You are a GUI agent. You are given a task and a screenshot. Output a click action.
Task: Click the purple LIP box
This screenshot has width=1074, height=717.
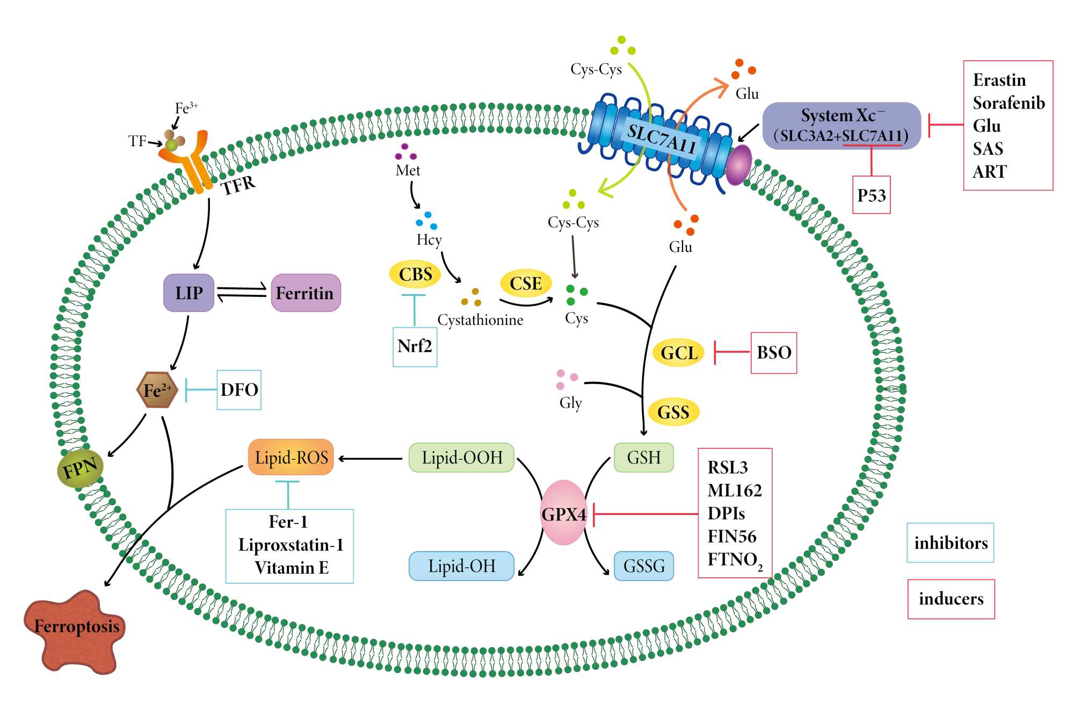(188, 293)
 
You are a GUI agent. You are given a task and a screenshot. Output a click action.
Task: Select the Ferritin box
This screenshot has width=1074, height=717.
(306, 293)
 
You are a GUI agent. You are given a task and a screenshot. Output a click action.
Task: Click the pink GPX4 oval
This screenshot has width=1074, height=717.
(563, 513)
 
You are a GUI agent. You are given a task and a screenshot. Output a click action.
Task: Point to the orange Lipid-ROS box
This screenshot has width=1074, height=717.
(291, 457)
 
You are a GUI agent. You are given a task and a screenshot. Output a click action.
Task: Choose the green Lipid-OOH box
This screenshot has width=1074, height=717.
(461, 458)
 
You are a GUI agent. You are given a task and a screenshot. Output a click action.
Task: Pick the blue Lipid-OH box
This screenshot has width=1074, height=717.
(461, 566)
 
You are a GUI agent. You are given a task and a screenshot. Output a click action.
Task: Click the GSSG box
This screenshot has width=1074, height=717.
(643, 566)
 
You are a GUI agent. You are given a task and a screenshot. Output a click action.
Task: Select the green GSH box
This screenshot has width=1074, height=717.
(643, 458)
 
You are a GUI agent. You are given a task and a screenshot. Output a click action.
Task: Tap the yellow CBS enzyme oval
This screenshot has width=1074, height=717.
(415, 274)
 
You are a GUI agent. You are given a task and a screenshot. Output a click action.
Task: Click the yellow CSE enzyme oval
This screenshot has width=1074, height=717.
(526, 283)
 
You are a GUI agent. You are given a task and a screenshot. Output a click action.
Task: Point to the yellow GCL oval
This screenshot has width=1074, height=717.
(679, 352)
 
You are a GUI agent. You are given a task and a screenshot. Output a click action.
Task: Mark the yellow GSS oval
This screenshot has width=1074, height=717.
(673, 412)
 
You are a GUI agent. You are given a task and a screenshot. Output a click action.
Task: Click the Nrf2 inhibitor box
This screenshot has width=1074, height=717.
(415, 346)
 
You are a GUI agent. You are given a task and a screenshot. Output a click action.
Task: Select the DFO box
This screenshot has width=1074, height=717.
(239, 389)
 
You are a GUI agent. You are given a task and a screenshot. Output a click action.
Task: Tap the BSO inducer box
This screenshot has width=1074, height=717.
(774, 352)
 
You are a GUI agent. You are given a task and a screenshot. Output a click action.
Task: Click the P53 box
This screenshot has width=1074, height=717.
(871, 195)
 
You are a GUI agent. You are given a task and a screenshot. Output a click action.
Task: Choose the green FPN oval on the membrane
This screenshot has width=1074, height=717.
(80, 468)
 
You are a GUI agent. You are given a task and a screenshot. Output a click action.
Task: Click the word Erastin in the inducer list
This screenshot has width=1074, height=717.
(999, 80)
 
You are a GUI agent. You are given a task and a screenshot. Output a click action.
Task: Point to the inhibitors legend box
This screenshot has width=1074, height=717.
(950, 542)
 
